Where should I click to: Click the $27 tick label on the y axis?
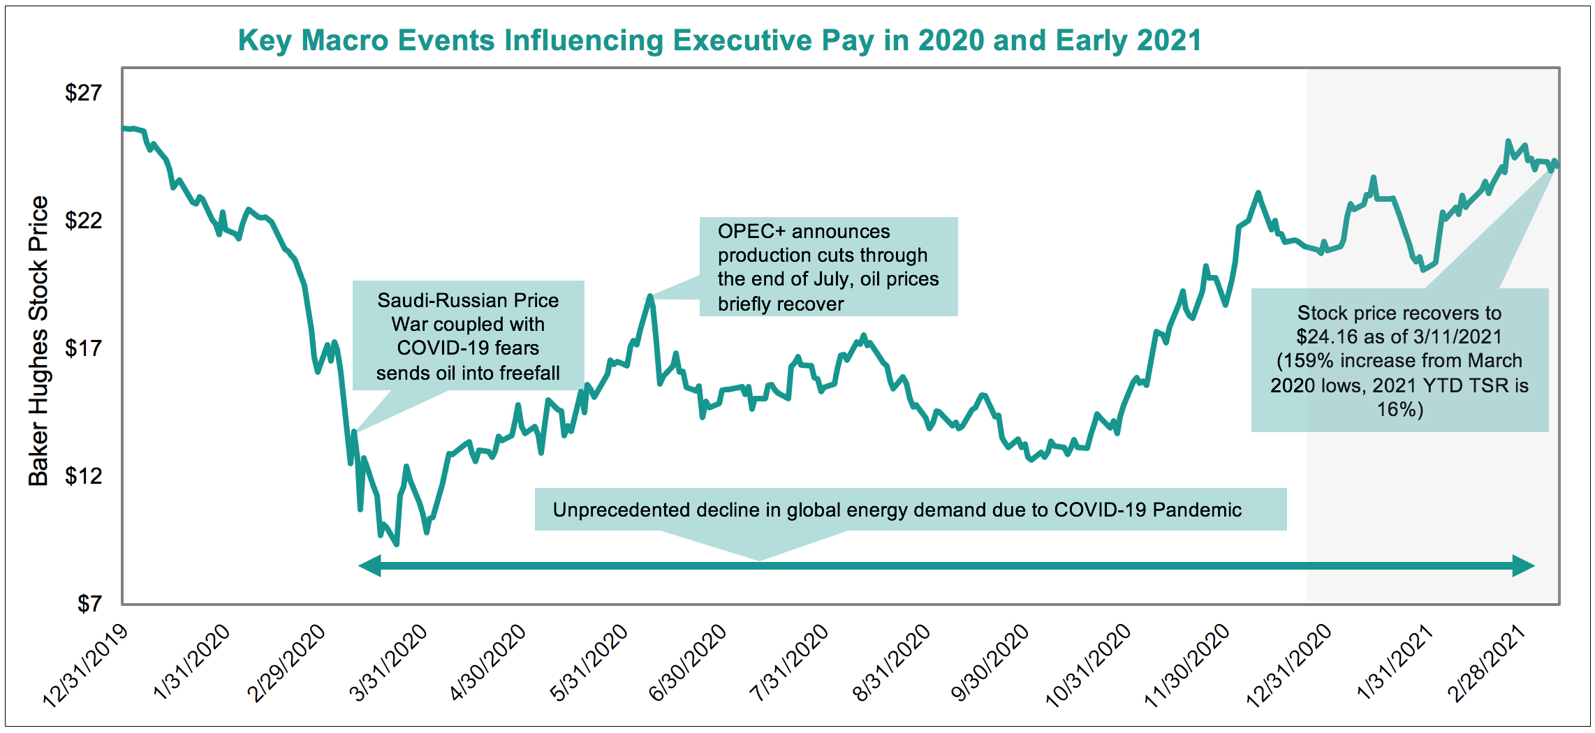83,93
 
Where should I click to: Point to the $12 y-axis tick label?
83,476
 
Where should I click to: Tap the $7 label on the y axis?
89,604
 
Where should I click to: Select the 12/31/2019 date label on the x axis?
85,666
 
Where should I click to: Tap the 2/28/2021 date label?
1486,663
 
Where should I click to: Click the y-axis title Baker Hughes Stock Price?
38,341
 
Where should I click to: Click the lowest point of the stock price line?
397,544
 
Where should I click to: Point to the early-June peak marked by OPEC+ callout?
650,297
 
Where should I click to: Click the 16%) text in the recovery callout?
1399,410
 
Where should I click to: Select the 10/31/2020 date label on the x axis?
1087,666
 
